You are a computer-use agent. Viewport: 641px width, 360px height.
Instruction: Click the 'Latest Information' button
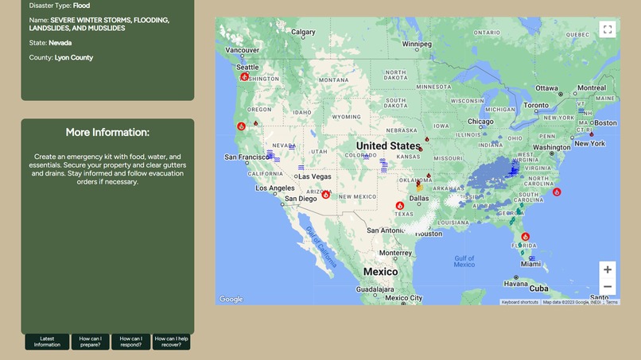[x=47, y=342]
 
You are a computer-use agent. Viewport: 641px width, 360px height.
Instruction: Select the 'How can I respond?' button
[x=130, y=342]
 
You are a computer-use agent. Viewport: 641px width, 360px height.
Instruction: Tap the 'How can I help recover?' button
[x=172, y=342]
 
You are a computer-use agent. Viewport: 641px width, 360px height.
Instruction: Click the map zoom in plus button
[x=608, y=269]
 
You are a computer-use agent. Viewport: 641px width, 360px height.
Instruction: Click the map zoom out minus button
[x=608, y=287]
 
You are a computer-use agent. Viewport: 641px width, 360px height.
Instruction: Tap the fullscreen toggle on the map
[x=608, y=29]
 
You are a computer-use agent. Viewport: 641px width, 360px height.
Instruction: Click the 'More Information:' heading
[x=107, y=132]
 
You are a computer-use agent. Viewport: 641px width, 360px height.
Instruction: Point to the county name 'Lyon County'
[x=74, y=57]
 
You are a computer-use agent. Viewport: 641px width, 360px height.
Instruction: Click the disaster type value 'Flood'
[x=81, y=6]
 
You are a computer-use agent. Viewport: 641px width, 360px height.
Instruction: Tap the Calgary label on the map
[x=303, y=33]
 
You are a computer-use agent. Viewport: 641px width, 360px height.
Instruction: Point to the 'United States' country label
[x=388, y=146]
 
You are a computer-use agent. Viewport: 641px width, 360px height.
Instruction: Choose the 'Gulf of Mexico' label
[x=464, y=262]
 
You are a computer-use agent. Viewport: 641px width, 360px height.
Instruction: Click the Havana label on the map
[x=515, y=284]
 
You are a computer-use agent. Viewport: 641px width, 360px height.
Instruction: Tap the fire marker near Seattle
[x=245, y=76]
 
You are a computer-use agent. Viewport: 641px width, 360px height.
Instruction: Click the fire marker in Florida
[x=526, y=237]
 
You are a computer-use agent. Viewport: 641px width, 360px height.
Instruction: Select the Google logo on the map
[x=231, y=299]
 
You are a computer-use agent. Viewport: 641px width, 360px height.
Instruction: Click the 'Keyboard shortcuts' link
[x=520, y=302]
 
